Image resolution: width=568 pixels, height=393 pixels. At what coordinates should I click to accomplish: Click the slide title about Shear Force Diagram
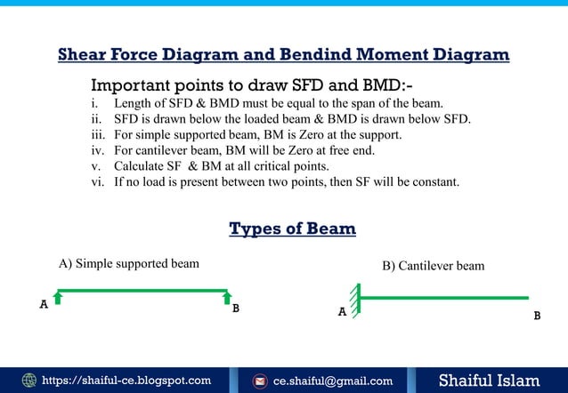283,55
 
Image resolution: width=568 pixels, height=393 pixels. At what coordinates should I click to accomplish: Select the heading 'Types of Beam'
292,229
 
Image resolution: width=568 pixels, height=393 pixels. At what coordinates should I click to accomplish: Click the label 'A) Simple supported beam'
128,263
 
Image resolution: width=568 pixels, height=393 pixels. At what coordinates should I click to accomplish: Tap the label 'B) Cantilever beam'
433,266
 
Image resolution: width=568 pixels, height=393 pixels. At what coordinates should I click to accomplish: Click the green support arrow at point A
58,297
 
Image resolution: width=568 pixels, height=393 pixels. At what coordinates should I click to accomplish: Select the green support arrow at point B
227,297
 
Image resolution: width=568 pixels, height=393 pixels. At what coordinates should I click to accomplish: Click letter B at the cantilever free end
537,316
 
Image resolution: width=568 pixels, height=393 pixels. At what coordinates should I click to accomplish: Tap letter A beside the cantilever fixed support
341,313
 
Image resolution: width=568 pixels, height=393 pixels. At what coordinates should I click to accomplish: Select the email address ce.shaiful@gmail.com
332,381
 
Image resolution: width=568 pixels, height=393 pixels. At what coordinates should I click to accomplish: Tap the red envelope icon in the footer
261,381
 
